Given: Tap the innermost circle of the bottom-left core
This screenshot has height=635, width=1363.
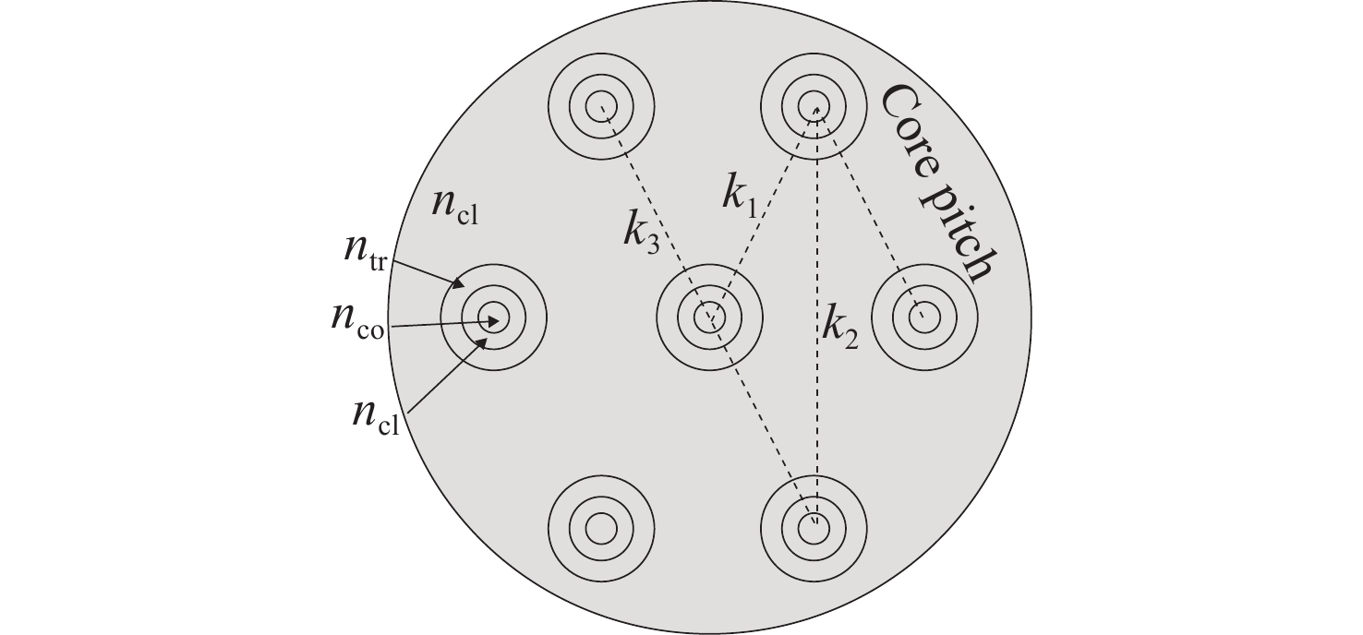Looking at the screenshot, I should click(x=601, y=529).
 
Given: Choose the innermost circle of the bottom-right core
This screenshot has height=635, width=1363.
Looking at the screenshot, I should click(x=814, y=529).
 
